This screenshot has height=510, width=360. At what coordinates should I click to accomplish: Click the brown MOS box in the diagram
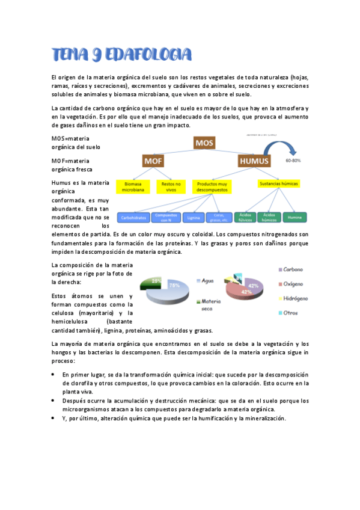204,143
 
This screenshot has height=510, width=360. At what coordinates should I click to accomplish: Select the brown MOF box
153,161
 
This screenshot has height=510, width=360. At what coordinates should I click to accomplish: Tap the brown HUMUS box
254,161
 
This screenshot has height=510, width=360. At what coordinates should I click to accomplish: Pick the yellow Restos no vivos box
171,186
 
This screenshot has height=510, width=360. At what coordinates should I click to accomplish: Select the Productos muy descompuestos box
211,186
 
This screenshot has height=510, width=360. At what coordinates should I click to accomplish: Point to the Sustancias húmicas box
278,183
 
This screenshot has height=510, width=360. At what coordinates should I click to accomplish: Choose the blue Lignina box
194,217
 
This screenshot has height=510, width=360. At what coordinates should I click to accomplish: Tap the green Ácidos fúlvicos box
244,217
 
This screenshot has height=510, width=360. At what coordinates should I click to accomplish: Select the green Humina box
294,217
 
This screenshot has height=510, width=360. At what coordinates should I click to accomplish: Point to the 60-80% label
293,161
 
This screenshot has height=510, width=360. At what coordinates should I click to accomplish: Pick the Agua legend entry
207,281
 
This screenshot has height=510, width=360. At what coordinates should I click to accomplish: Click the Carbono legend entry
293,269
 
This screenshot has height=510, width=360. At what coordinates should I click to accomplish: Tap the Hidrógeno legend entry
295,298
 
